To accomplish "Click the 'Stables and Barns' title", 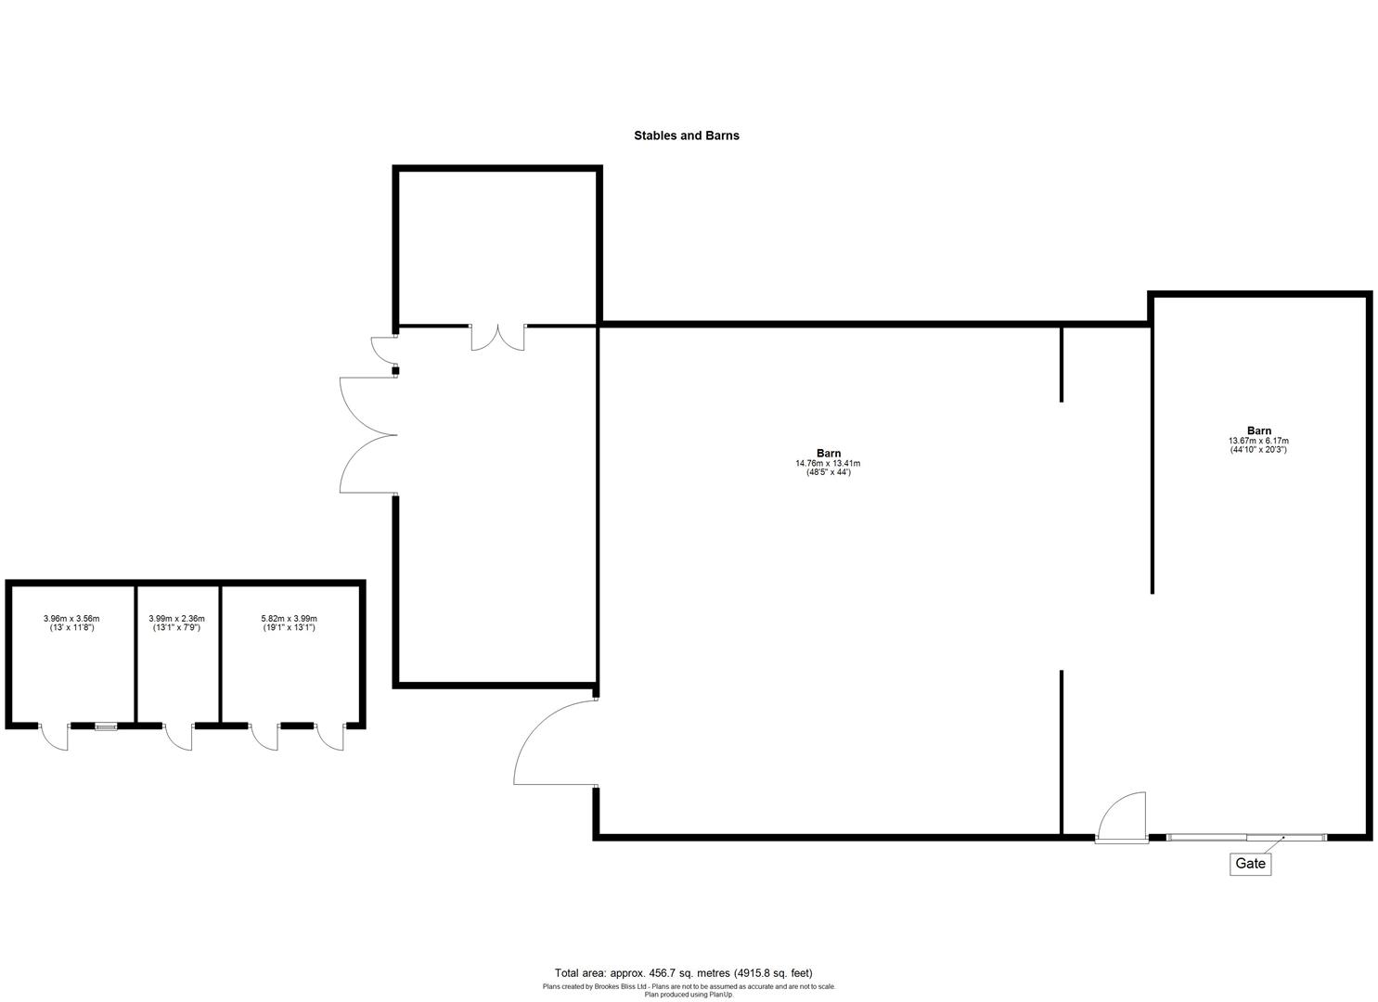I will (x=686, y=135).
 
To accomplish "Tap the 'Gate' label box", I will (x=1250, y=864).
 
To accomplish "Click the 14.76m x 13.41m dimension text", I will (x=828, y=463).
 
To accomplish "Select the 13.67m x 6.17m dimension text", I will (x=1258, y=441).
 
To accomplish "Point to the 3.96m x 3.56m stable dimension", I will (x=71, y=618).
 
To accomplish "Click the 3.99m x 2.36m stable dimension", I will (x=176, y=618).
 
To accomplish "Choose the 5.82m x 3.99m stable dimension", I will (x=289, y=618).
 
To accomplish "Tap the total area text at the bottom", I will (x=683, y=972).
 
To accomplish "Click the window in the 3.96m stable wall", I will (x=106, y=726).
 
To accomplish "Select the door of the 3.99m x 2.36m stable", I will (x=179, y=737).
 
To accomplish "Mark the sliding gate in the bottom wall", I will (x=1246, y=838).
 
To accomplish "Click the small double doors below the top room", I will (x=497, y=338).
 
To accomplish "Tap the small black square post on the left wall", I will (x=396, y=371).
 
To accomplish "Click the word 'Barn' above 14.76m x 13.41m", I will (x=829, y=453).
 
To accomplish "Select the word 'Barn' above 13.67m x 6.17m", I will (x=1259, y=430).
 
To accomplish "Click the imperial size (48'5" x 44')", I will (x=828, y=473).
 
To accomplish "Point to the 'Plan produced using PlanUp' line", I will (x=689, y=995).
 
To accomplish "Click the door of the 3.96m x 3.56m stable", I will (x=56, y=738).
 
